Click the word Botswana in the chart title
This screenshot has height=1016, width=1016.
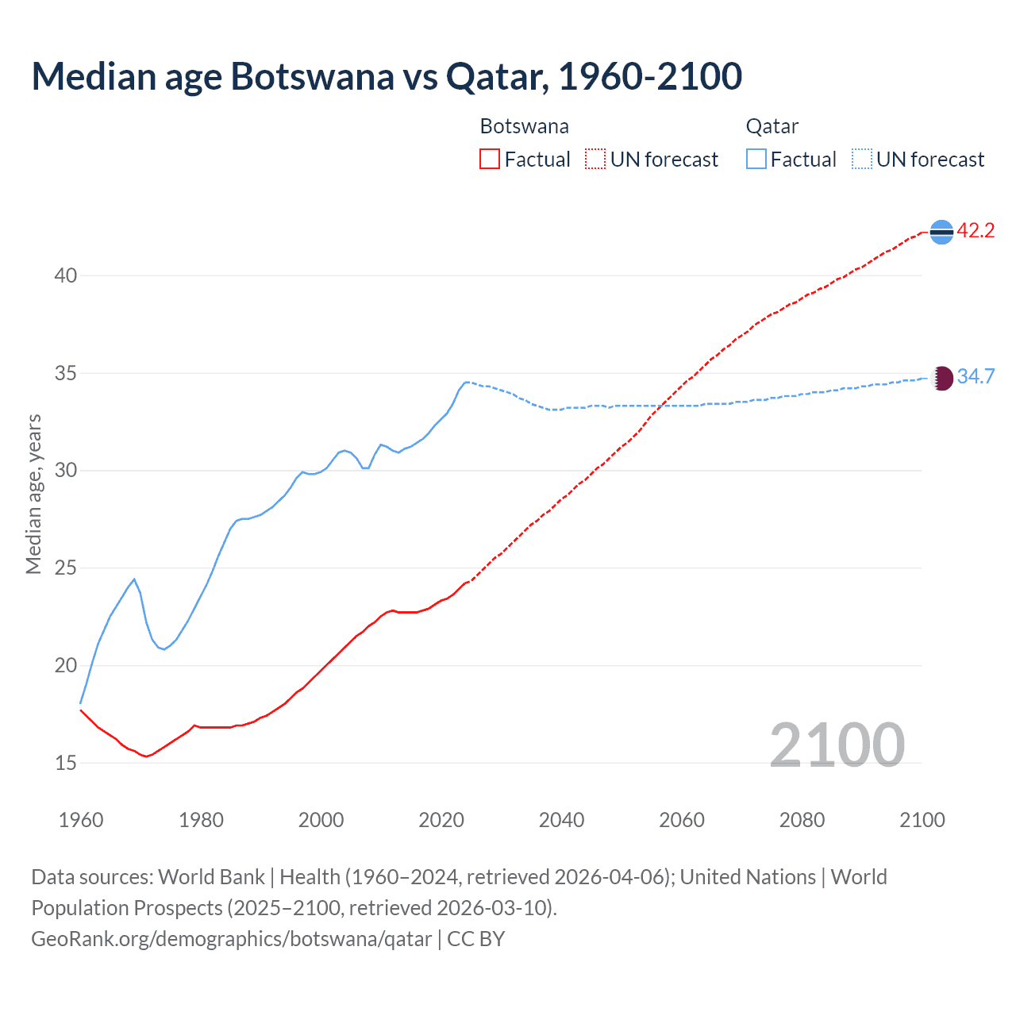[311, 76]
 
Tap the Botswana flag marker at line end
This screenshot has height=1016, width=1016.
[941, 232]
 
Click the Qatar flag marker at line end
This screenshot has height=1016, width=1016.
[941, 378]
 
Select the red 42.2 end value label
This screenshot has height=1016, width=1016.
[976, 231]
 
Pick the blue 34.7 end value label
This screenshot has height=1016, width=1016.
[976, 376]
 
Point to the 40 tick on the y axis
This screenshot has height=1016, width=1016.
[66, 275]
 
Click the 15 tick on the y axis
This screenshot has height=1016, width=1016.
[66, 763]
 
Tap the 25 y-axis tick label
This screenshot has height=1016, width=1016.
[66, 568]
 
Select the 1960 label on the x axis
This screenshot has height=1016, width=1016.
[81, 820]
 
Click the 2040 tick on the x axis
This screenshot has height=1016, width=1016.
[561, 820]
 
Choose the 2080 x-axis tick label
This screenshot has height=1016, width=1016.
[802, 820]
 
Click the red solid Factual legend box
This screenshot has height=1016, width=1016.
[490, 160]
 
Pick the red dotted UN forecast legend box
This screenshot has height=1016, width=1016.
[595, 160]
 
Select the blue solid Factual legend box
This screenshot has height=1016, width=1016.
[756, 160]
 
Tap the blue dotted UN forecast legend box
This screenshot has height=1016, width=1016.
[862, 160]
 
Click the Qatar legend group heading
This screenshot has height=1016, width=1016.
[772, 126]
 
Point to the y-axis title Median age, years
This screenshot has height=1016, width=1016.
[33, 494]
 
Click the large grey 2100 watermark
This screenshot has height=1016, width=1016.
[837, 745]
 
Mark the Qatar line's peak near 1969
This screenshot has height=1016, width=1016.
[134, 579]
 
